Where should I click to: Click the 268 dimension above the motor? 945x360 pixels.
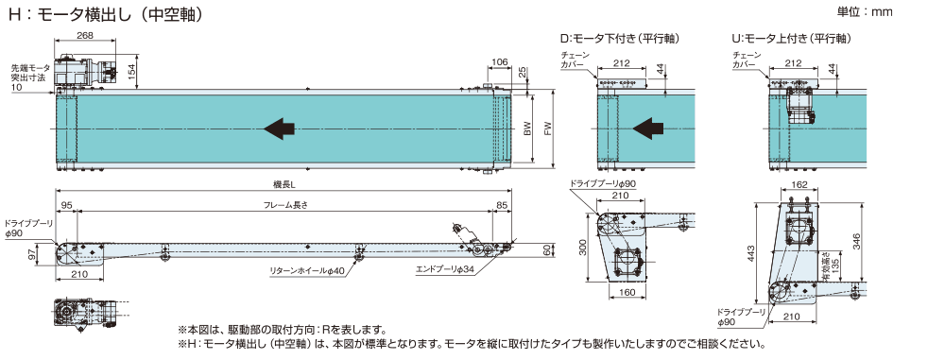coord(84,35)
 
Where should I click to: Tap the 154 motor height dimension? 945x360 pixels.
coord(133,69)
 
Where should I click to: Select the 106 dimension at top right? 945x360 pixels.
coord(500,62)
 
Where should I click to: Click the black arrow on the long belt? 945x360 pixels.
coord(280,129)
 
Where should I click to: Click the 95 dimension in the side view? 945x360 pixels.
coord(66,205)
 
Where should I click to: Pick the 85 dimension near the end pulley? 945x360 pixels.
coord(502,205)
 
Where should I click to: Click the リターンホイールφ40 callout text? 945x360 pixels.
coord(306,272)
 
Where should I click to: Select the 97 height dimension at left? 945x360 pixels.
coord(31,255)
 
